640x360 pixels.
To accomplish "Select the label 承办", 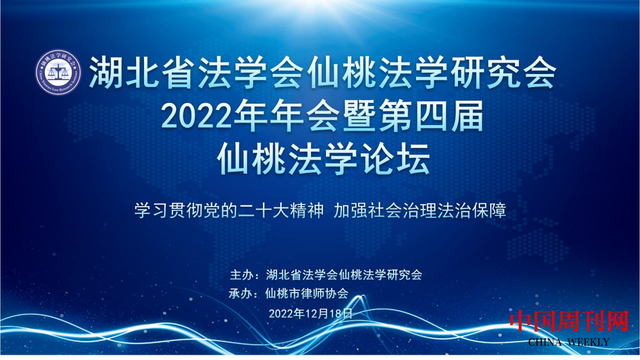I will point(241,293).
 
